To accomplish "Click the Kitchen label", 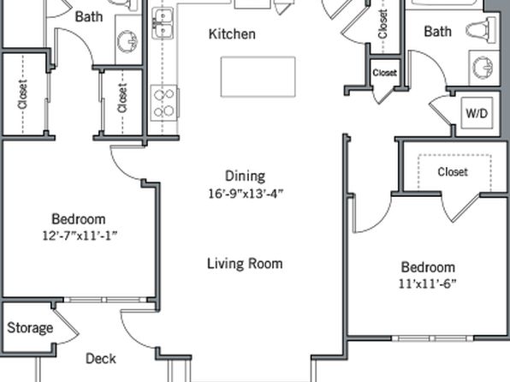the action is click(232, 34).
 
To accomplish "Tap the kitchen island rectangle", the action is click(258, 77).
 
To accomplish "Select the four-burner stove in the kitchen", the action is click(164, 103).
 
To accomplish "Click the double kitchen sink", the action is click(163, 23).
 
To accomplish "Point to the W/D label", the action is click(477, 113).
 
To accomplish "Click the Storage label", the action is click(30, 328).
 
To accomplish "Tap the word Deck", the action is click(101, 359).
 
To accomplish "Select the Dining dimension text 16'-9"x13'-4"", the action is click(246, 194).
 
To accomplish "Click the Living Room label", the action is click(245, 264).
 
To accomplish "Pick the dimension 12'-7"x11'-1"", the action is click(80, 236).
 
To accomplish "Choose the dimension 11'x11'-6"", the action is click(427, 284).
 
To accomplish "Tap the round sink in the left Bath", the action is click(127, 41).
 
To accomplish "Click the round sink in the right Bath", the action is click(483, 68).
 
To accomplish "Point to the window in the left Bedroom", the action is click(105, 300).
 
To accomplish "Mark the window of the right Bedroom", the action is click(433, 338).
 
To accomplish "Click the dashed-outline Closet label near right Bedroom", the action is click(453, 171).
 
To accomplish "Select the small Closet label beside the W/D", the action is click(385, 73).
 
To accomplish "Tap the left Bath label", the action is click(89, 16).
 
